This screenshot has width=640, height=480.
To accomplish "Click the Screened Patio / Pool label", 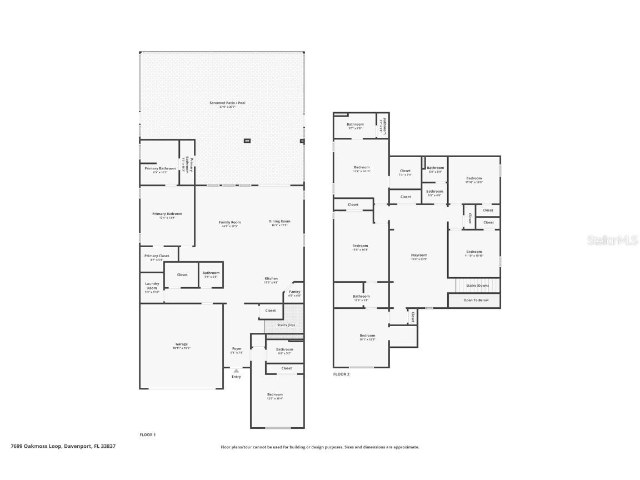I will tap(227, 103).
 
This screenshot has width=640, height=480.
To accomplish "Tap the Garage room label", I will tap(181, 344).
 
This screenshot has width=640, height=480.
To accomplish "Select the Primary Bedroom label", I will tap(167, 214).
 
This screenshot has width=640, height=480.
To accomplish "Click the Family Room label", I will tap(229, 222).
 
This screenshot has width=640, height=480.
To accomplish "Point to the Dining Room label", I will tap(280, 221).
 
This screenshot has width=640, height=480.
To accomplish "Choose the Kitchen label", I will tap(271, 279).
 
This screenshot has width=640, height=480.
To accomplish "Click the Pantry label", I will tap(294, 292).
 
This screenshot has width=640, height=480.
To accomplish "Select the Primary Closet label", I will tap(157, 256).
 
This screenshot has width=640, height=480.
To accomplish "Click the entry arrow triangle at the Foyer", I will tap(236, 371).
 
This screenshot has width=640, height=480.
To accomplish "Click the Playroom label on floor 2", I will tap(419, 256).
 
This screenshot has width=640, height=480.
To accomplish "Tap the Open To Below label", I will tap(476, 300).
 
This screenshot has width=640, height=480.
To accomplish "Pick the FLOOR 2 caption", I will tap(341, 374).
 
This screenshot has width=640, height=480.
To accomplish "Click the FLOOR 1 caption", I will tap(148, 434).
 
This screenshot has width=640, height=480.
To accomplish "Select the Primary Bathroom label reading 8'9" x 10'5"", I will tap(160, 168).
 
